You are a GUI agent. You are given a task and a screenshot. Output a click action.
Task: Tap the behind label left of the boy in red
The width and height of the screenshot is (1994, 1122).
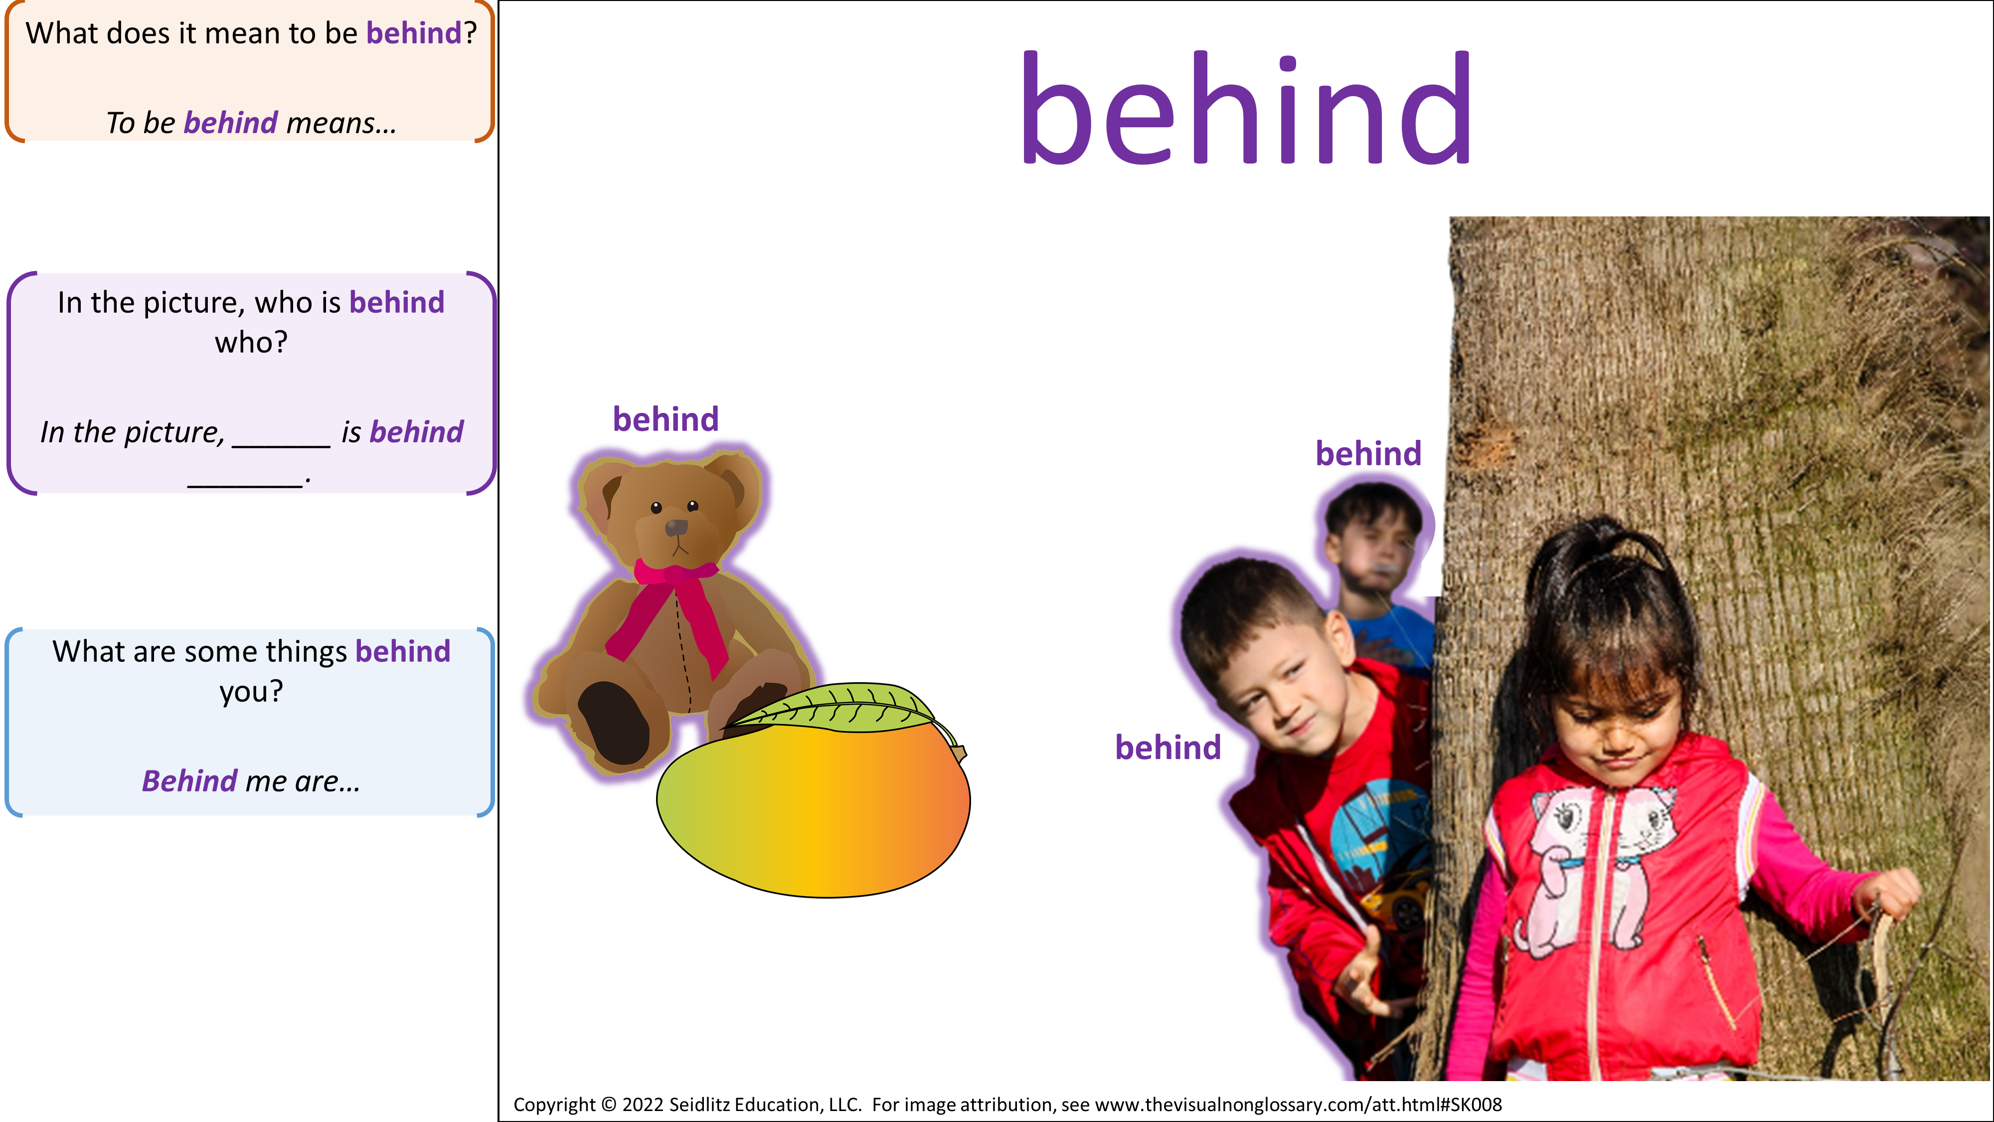1168,747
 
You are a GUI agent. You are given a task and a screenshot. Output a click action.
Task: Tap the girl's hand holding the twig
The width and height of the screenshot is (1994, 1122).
1889,898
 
